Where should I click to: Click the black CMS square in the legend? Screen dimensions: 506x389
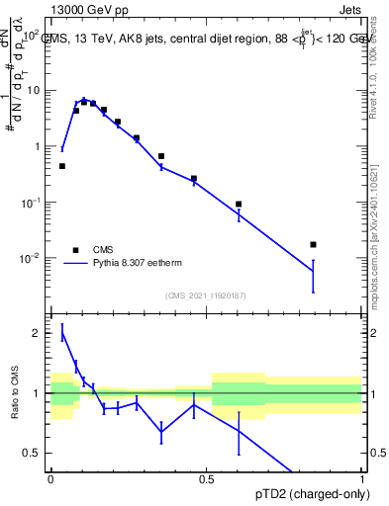click(x=75, y=250)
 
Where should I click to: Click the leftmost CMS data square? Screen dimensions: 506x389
click(x=62, y=166)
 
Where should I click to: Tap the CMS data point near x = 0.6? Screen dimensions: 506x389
click(x=239, y=204)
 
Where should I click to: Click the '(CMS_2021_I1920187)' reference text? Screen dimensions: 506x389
click(x=205, y=295)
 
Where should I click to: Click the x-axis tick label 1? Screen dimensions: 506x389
click(x=361, y=479)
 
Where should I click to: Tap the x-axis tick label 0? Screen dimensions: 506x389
click(x=50, y=479)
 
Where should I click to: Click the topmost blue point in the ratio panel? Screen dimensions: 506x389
click(x=62, y=333)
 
